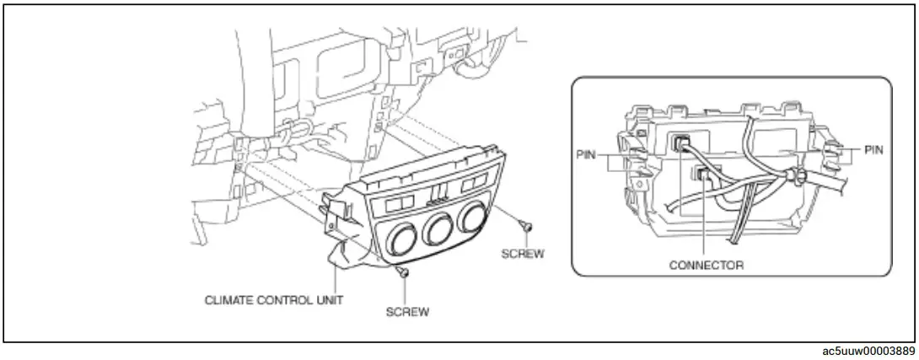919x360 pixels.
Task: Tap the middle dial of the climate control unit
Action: [x=439, y=231]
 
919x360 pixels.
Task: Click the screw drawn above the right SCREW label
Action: [x=525, y=226]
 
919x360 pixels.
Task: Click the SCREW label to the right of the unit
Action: [x=523, y=253]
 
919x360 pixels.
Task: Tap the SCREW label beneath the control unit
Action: [x=407, y=311]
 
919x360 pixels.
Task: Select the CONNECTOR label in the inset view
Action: [x=706, y=265]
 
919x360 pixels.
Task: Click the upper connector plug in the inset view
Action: [x=681, y=143]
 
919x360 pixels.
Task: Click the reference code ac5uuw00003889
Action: [x=869, y=351]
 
